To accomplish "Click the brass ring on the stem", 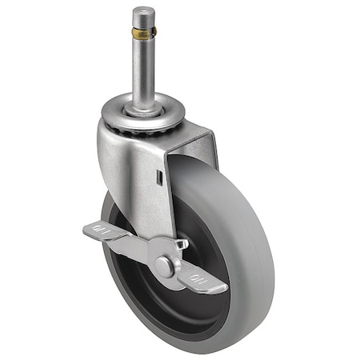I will [143, 34].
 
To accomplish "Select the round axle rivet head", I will [165, 266].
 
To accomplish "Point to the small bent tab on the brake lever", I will [183, 244].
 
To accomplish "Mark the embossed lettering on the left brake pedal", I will [101, 233].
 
